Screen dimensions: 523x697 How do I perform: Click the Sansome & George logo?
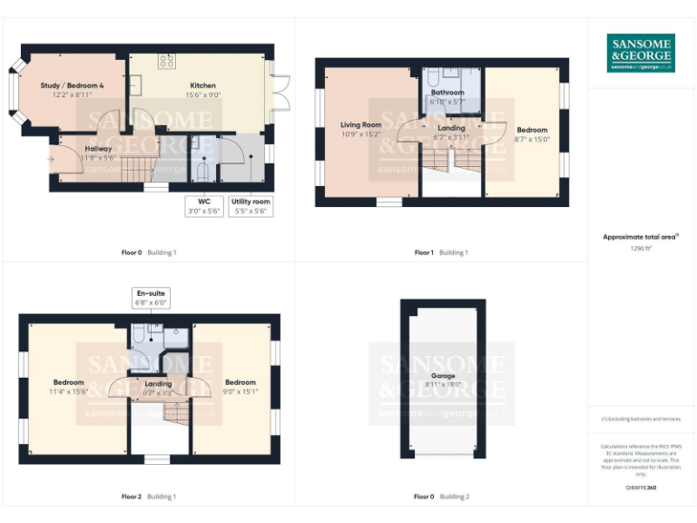[640, 54]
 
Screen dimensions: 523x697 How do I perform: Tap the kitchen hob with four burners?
[167, 61]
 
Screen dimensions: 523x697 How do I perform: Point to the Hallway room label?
[98, 148]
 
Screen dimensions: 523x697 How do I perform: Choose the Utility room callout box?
[250, 206]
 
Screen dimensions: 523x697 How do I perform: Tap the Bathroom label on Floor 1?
[447, 93]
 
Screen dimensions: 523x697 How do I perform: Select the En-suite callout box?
[152, 299]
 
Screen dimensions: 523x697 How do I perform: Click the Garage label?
[443, 375]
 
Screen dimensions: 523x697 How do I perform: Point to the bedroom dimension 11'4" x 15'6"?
[69, 391]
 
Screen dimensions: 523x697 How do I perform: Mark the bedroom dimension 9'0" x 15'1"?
[241, 392]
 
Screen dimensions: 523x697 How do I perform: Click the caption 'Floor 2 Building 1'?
[149, 497]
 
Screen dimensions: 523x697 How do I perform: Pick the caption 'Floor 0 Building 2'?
[442, 497]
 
